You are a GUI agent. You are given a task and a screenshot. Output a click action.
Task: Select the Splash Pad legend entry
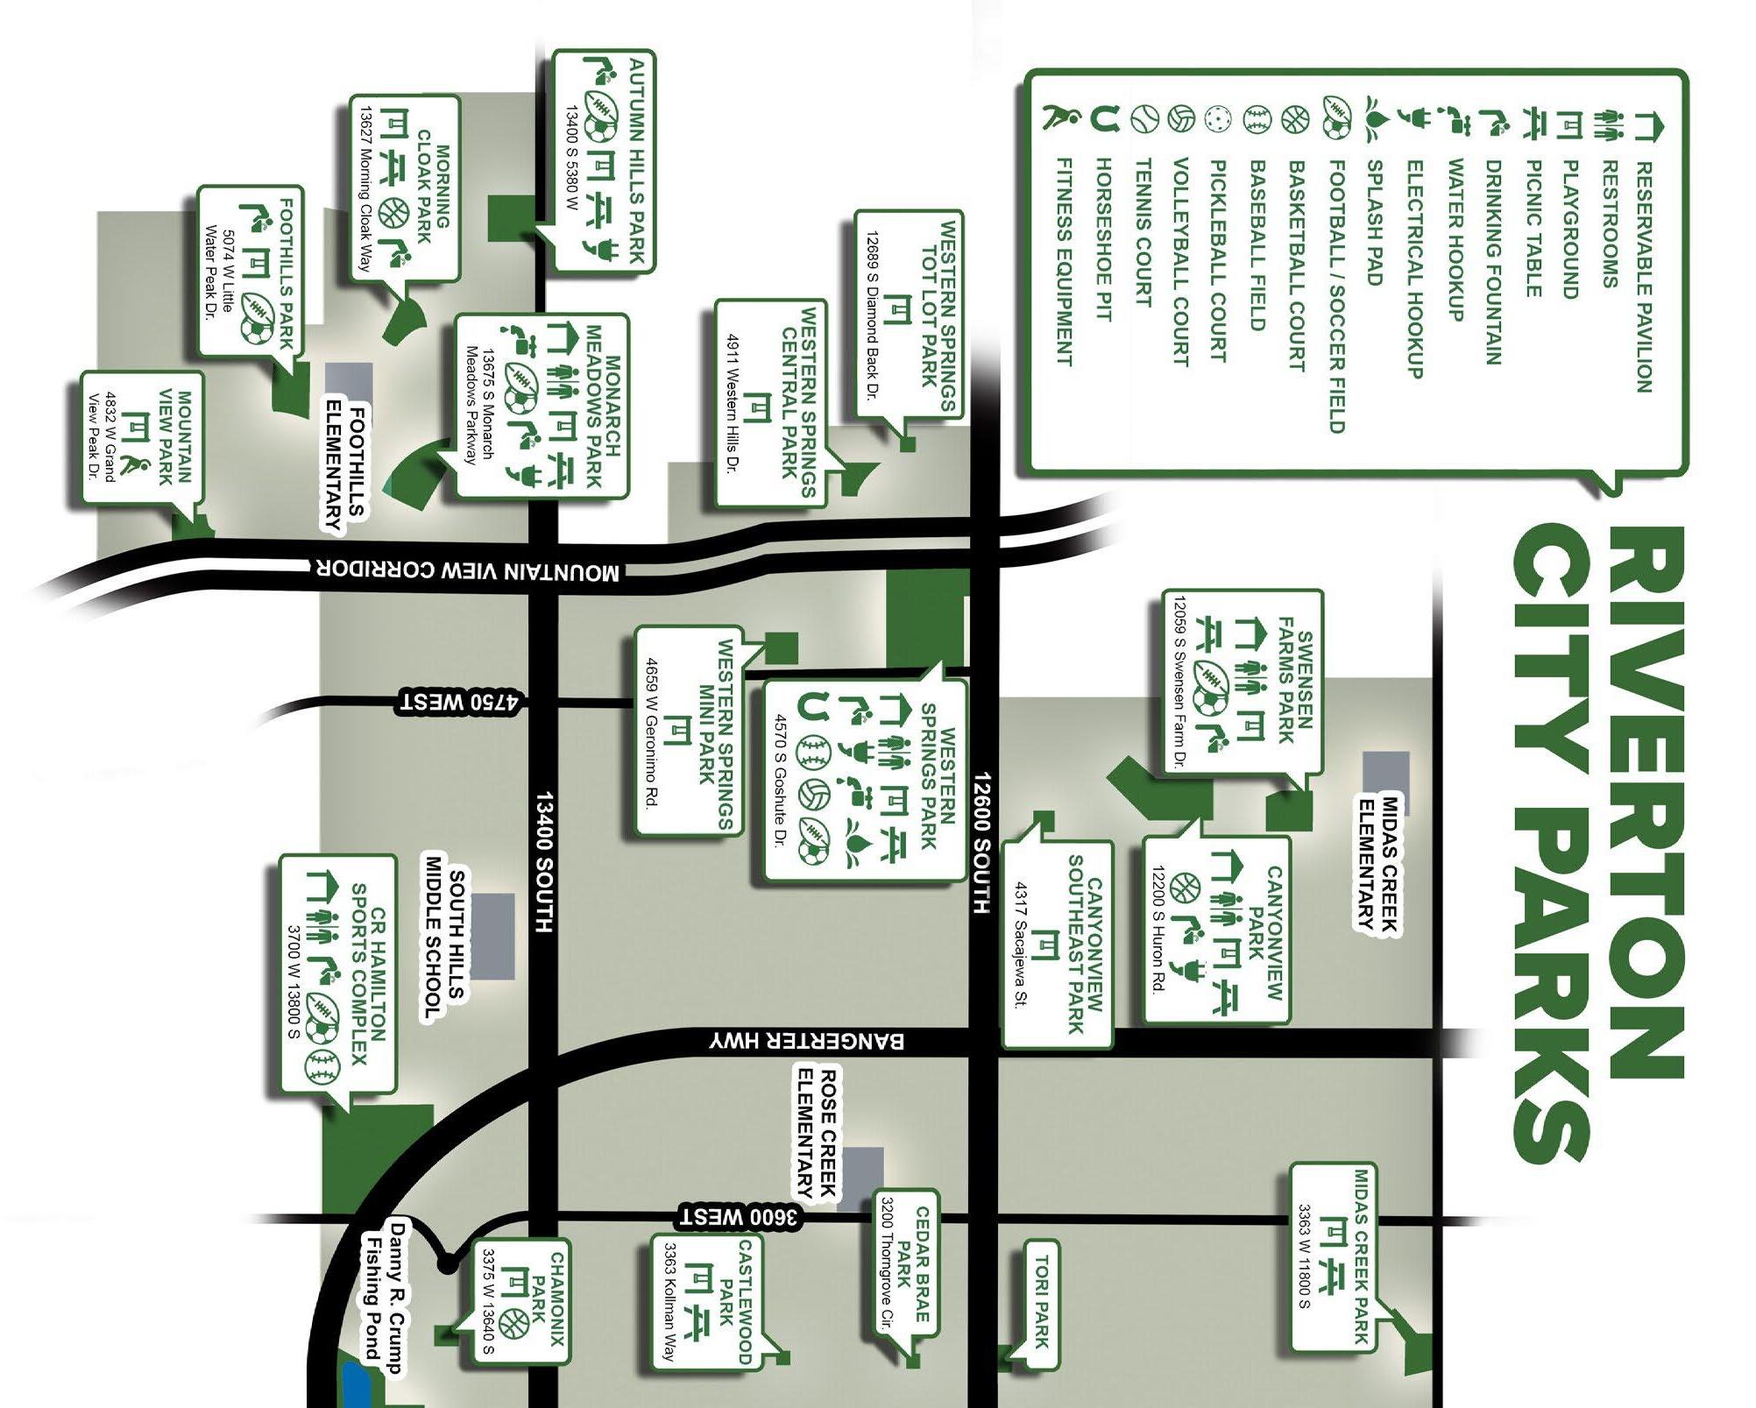point(1374,223)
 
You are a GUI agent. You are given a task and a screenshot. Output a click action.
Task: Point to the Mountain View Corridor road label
point(468,570)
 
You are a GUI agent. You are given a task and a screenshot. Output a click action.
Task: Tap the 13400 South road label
point(544,862)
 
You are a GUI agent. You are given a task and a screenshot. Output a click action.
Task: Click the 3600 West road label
point(739,1217)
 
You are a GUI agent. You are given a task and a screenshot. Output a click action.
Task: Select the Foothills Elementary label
point(346,468)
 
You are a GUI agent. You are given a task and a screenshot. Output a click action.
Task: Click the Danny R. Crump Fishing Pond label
point(386,1298)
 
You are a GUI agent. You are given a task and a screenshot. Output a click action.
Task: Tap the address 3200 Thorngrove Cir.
point(886,1263)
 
